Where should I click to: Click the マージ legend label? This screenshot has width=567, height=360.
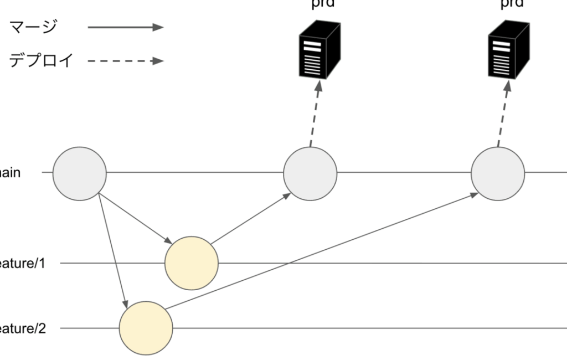coord(34,28)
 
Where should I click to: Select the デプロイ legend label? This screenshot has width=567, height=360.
coord(41,60)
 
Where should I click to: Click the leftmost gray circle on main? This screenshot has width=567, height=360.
coord(80,173)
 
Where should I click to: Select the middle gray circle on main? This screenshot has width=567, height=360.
coord(310,173)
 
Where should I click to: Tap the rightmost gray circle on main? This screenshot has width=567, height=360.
coord(498,173)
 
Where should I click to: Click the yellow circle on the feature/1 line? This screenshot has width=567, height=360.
coord(192,263)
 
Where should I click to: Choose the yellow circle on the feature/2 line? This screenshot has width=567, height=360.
coord(146,328)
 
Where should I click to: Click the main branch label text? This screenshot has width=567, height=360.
coord(11,173)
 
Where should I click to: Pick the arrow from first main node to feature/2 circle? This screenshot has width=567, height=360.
coord(113,249)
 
